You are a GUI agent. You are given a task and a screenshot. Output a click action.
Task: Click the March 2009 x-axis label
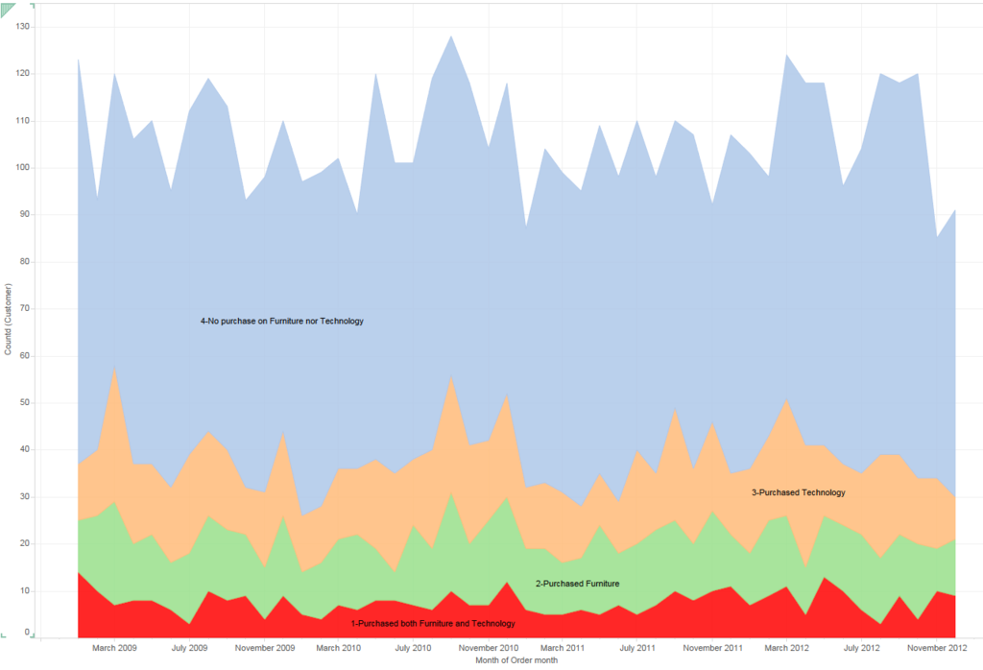(114, 648)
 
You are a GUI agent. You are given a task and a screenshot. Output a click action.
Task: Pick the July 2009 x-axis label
(188, 648)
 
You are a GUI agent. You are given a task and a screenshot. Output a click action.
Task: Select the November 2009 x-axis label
(264, 648)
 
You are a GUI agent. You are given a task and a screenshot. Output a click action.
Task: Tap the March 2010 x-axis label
(338, 648)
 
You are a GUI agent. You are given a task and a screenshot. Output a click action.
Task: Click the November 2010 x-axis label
(489, 648)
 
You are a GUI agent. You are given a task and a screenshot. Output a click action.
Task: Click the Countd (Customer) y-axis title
(9, 319)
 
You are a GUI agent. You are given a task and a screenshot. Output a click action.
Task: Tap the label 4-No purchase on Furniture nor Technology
(282, 321)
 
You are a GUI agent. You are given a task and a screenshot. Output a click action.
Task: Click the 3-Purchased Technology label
(798, 492)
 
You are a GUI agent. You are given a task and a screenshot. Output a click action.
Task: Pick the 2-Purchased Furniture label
(577, 584)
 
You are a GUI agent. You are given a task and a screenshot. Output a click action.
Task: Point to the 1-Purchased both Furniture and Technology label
(433, 624)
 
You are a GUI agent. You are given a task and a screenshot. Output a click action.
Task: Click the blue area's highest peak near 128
(451, 36)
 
